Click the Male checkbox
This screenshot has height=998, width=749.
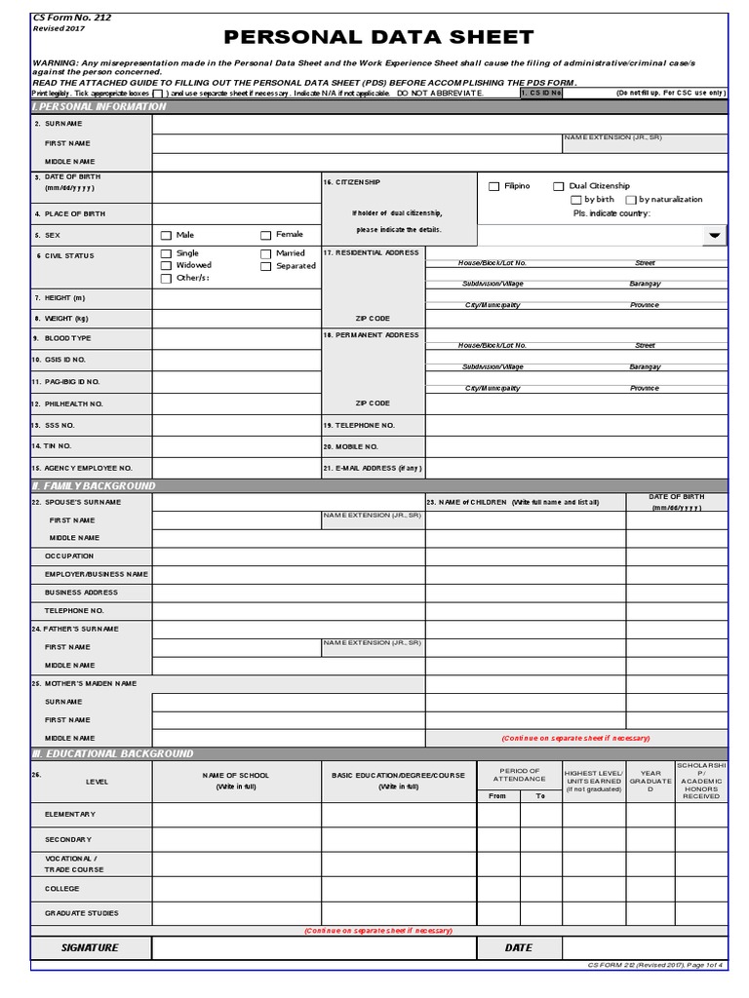tap(166, 235)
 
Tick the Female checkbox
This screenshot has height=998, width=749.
tap(265, 235)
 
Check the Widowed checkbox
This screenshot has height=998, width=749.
tap(166, 265)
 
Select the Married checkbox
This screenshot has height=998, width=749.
tap(265, 253)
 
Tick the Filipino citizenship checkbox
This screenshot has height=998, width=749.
tap(494, 186)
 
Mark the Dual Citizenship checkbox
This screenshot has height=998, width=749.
tap(558, 186)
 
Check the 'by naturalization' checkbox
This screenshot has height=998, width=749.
tap(629, 200)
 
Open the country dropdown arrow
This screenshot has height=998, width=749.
tap(714, 235)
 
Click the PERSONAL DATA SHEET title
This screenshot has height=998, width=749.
tap(379, 38)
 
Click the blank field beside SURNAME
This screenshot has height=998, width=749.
tap(439, 124)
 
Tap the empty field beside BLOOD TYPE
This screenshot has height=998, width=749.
tap(236, 338)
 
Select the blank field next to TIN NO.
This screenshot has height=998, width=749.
tap(236, 445)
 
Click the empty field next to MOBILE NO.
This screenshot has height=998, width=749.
tap(575, 445)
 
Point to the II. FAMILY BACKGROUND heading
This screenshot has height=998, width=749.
tap(95, 485)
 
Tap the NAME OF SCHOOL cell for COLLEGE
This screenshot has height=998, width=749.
tap(236, 888)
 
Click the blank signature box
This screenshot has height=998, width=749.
tap(313, 947)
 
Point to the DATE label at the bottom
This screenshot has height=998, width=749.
tap(518, 947)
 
